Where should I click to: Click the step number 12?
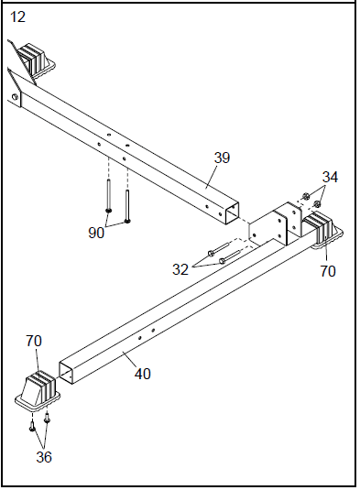[x=17, y=16]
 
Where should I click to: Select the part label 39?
[x=222, y=158]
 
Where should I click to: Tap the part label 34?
[x=330, y=177]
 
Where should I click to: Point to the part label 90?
[x=96, y=233]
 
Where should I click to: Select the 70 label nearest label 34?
[x=328, y=271]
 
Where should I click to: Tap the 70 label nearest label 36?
[x=34, y=341]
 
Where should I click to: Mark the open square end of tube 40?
[x=68, y=367]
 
